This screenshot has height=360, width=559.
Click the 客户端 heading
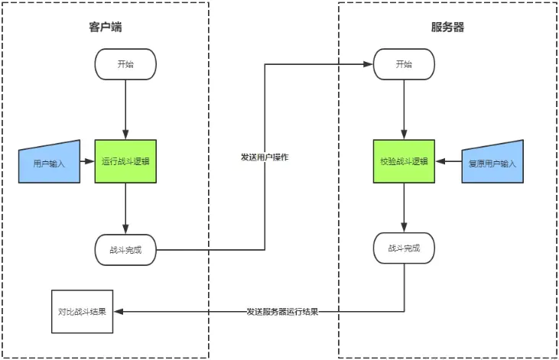tap(106, 28)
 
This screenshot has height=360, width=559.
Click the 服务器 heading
tap(447, 28)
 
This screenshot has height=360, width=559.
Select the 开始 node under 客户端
tap(125, 64)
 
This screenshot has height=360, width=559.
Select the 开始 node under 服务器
tap(404, 64)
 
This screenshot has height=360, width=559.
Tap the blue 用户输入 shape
tap(50, 162)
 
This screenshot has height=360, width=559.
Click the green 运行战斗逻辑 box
tap(125, 161)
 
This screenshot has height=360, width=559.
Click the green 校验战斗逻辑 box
tap(404, 161)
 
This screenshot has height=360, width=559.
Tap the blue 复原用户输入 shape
tap(492, 162)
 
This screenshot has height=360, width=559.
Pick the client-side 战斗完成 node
tap(125, 249)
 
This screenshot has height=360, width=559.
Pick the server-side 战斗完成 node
tap(404, 248)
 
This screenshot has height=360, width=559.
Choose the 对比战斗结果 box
tap(82, 312)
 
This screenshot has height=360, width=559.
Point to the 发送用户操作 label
tap(264, 157)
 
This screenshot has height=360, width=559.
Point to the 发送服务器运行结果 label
tap(282, 312)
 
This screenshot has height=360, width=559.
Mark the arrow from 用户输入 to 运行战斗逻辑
tap(87, 161)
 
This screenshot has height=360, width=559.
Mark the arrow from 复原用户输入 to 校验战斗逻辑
tap(448, 161)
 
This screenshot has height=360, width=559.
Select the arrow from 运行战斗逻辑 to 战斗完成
tap(125, 208)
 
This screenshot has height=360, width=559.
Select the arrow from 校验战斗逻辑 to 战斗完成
tap(404, 208)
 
